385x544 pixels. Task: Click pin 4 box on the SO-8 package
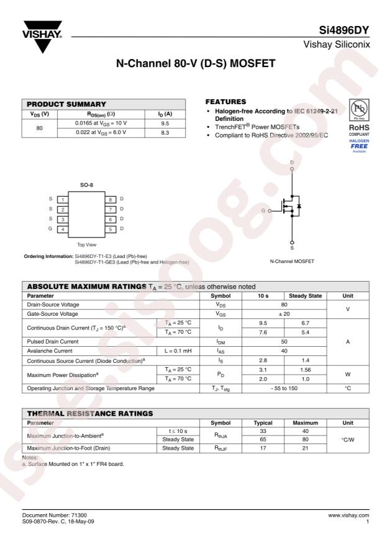click(63, 230)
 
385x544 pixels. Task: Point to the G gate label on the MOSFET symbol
click(263, 211)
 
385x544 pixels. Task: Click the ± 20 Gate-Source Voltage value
click(284, 314)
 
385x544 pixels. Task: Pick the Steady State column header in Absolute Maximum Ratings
click(306, 296)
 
